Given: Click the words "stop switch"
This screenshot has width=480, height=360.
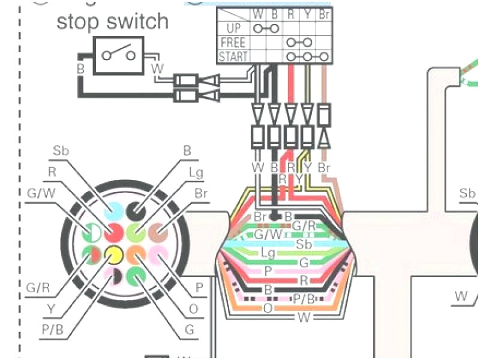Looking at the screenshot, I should pos(112,22).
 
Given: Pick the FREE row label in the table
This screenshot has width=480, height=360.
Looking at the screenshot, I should pos(233,43).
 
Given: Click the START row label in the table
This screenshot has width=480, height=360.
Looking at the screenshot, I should pos(233,56).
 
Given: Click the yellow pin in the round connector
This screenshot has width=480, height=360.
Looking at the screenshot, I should pos(112,254).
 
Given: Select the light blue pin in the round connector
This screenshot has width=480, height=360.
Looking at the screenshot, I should pos(113,209).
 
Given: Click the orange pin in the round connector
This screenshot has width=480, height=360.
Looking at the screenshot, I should pos(135,254).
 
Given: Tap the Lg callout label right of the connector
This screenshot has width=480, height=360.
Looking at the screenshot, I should pos(196,173).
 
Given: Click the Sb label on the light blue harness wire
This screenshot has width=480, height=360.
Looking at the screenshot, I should pos(304,244).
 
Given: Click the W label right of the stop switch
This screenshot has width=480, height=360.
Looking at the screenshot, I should pos(158,69).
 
